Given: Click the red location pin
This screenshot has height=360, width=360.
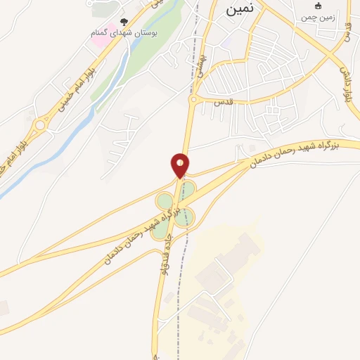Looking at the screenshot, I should (181, 166).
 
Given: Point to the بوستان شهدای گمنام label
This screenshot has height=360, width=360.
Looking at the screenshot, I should (125, 33).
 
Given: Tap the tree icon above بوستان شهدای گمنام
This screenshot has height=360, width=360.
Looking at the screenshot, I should (125, 22).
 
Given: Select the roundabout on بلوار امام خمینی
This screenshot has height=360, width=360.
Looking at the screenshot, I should (41, 126).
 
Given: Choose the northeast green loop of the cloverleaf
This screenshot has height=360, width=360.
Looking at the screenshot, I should (188, 188).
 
